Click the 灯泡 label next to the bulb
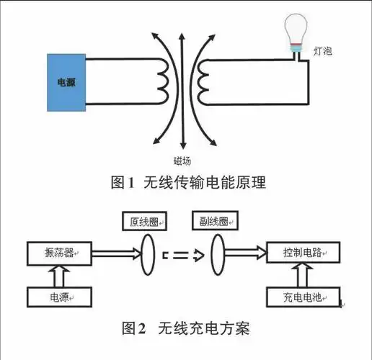323,53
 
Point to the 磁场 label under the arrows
182,161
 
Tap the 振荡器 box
57,253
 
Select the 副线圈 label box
212,221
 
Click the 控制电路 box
301,253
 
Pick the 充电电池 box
301,296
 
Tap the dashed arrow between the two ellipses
182,253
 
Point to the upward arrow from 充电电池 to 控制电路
301,275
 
